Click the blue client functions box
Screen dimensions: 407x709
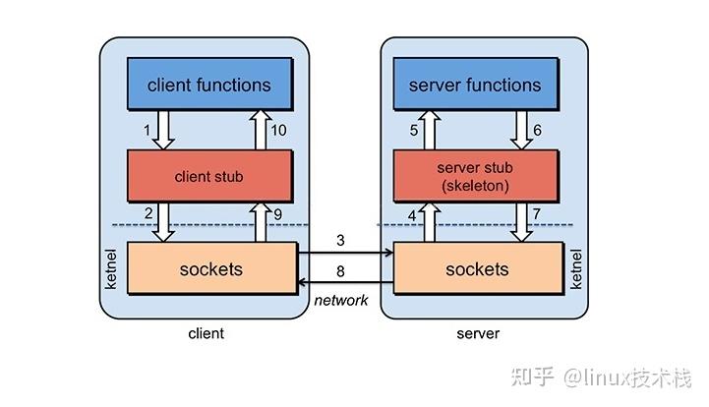(208, 85)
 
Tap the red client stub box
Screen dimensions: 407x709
(208, 177)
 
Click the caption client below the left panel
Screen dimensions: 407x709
(206, 333)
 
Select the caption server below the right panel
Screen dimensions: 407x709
(478, 333)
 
